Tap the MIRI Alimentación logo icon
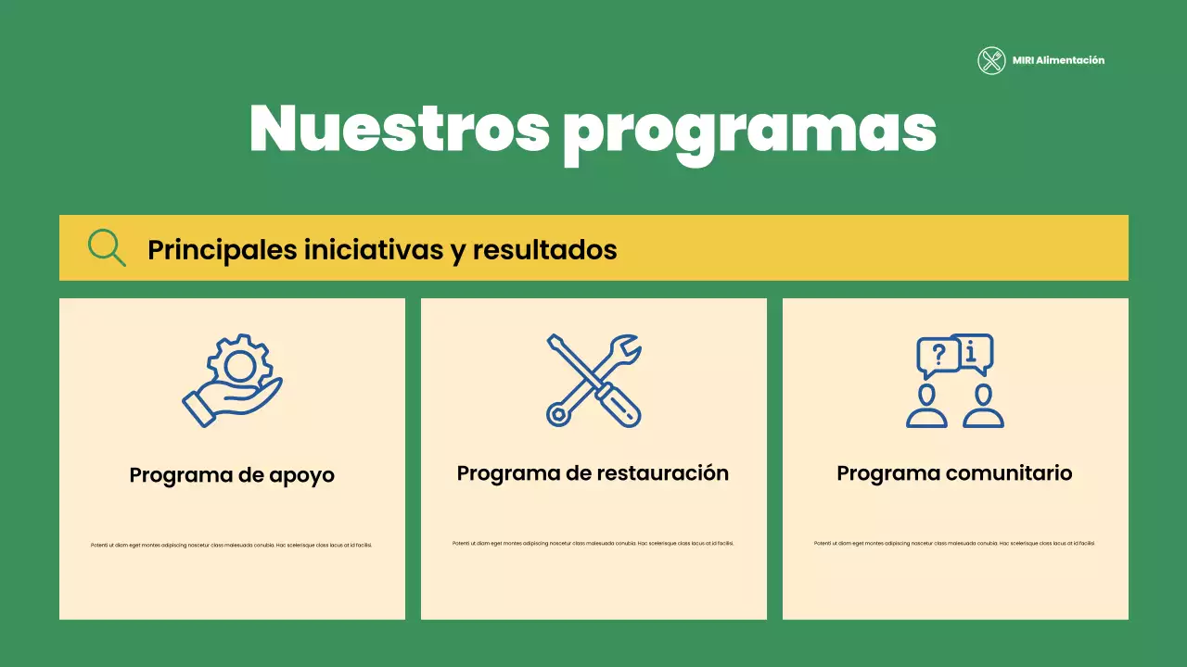pyautogui.click(x=991, y=61)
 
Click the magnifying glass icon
pyautogui.click(x=107, y=248)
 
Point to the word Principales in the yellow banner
pyautogui.click(x=222, y=249)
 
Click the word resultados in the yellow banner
pyautogui.click(x=544, y=249)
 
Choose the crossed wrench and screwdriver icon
pyautogui.click(x=593, y=380)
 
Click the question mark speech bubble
pyautogui.click(x=938, y=355)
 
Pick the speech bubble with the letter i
pyautogui.click(x=972, y=351)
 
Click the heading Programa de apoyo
pyautogui.click(x=232, y=475)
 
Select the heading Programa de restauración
pyautogui.click(x=593, y=473)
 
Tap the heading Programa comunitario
pyautogui.click(x=954, y=473)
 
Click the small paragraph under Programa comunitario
pyautogui.click(x=954, y=543)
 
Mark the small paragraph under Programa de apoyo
pyautogui.click(x=232, y=545)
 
